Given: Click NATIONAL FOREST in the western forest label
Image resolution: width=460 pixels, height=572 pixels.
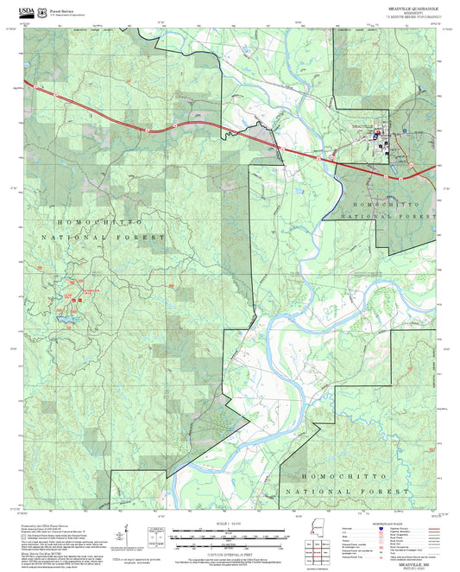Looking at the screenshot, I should click(101, 236).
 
